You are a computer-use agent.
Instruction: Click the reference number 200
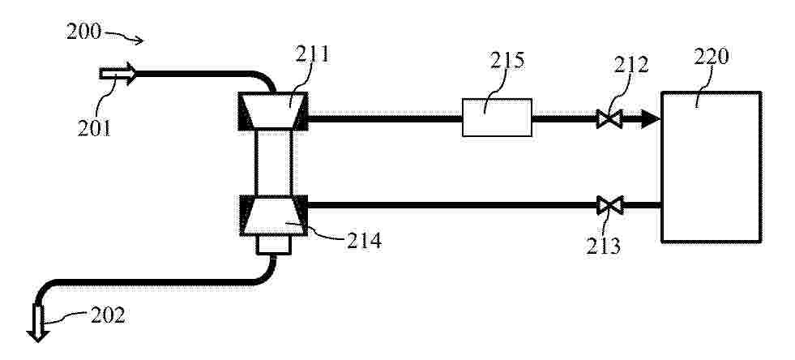83,32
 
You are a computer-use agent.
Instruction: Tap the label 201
94,128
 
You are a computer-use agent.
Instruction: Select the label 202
108,315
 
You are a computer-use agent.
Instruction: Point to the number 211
312,54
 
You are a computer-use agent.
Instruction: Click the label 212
631,65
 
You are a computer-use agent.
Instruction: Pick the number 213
604,246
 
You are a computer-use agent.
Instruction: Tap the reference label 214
364,241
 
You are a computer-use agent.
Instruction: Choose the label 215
507,61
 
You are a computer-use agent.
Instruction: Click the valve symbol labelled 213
609,205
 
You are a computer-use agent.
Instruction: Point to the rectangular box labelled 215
497,118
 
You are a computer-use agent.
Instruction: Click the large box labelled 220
712,167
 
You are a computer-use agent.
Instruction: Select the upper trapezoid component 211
273,111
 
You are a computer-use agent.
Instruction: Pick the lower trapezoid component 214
273,216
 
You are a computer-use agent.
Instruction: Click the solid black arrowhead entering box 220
651,119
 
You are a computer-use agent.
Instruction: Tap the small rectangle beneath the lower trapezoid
274,245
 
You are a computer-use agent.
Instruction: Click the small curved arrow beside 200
124,36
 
